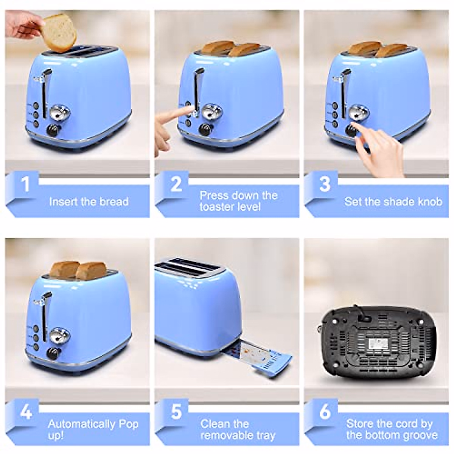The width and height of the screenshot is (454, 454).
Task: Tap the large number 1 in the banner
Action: (25, 184)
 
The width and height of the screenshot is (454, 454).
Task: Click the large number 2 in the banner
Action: (176, 184)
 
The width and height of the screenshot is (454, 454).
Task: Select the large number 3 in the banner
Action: (325, 184)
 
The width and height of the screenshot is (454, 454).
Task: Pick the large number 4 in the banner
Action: (25, 412)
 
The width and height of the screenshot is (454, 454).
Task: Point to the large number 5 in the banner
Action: (176, 412)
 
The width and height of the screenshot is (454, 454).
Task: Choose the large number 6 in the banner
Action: (325, 412)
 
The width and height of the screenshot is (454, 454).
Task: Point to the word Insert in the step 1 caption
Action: (62, 201)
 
